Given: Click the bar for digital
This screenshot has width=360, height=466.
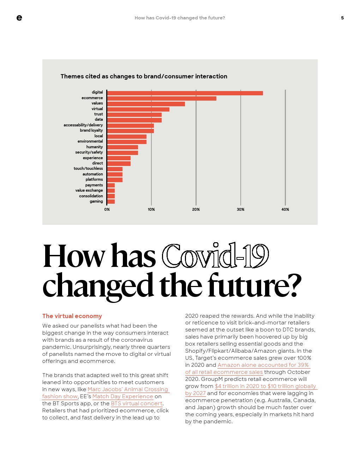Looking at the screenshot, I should pos(185,93).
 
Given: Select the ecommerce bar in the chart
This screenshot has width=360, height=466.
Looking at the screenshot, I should pos(162,98).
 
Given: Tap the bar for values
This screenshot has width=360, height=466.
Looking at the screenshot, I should pos(146,104).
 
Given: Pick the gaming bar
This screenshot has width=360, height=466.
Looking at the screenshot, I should pos(111,202).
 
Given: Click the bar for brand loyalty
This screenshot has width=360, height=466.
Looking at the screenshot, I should pos(131,131).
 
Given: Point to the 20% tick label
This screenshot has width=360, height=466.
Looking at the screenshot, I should pos(196,209).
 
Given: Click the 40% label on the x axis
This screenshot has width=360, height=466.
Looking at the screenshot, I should pos(285,209).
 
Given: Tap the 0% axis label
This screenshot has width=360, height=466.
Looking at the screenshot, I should pos(107,209).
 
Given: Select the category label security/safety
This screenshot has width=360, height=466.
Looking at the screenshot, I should pos(89,152).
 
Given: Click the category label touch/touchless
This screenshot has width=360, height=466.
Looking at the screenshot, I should pos(88,168).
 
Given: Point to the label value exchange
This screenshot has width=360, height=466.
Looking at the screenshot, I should pos(89,190).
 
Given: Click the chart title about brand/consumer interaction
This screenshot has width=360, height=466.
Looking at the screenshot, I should pos(144,76).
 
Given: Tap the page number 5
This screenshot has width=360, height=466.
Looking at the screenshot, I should pos(342,18).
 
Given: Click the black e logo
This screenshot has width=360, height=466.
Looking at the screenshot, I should pos(19,18).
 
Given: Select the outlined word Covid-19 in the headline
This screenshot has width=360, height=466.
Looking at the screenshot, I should pos(215,256).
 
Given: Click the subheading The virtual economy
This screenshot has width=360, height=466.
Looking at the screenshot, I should pos(72,316).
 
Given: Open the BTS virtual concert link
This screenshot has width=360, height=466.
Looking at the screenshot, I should pos(137,403).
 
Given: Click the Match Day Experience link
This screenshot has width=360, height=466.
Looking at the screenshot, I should pos(123,396).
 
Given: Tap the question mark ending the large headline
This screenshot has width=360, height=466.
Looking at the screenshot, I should pos(294,285).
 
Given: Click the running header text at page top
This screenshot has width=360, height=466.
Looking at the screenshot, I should pos(180,18).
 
